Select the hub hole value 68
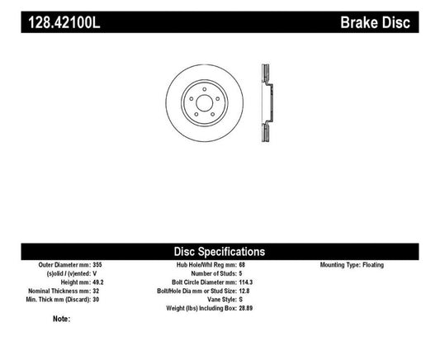click(240, 265)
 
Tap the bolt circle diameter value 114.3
click(244, 281)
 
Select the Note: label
click(61, 319)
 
